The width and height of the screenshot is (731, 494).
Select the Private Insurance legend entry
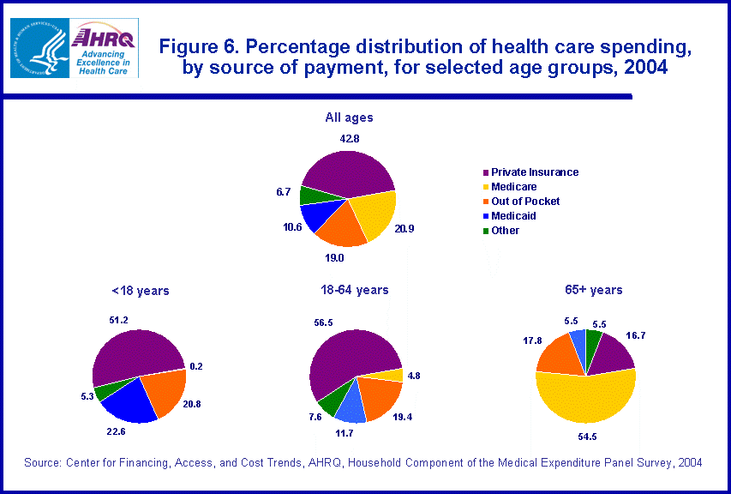[x=534, y=172]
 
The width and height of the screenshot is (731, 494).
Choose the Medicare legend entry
[x=513, y=187]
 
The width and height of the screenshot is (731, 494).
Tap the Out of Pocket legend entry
[x=524, y=202]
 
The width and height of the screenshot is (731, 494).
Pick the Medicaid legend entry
[x=514, y=216]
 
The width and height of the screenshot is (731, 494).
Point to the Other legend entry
[x=505, y=231]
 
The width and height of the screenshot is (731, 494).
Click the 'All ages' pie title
[x=349, y=117]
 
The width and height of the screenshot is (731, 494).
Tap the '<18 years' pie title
[x=141, y=291]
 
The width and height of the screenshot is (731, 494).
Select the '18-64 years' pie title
[x=353, y=290]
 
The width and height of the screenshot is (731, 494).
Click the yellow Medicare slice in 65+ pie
[x=585, y=404]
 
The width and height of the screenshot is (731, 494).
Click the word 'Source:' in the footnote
[x=41, y=463]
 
